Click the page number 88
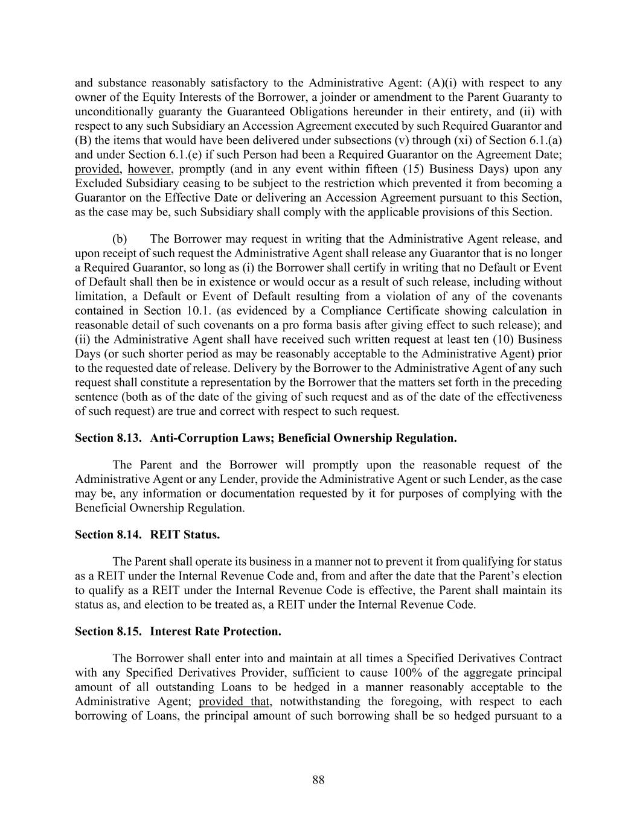click(x=318, y=780)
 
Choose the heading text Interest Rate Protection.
click(x=216, y=631)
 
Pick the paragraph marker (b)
click(x=120, y=238)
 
